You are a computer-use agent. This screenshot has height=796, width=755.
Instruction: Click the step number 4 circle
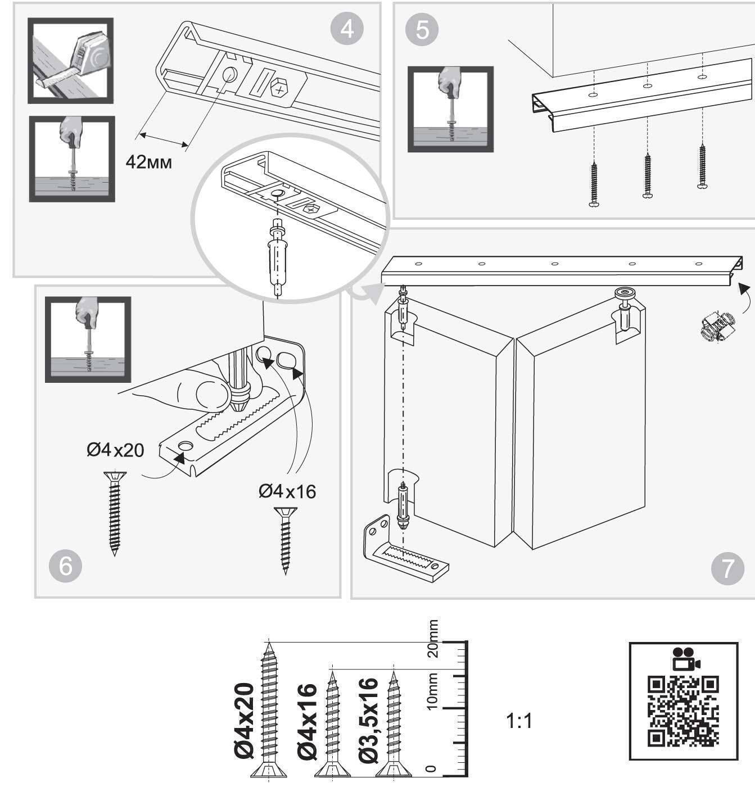click(347, 28)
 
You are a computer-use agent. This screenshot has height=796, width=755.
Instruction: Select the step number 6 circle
click(66, 566)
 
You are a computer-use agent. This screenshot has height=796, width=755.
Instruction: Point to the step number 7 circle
click(727, 568)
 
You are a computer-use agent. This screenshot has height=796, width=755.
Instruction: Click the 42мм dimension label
click(148, 162)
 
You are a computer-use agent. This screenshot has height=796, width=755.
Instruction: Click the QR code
click(683, 712)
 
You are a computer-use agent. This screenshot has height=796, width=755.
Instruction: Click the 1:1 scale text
click(519, 721)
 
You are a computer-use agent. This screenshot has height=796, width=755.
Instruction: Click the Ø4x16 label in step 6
click(287, 491)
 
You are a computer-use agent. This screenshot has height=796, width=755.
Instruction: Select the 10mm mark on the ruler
click(433, 691)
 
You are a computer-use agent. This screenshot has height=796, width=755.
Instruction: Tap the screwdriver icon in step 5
click(450, 109)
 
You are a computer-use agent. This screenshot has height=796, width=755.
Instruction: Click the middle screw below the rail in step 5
click(647, 175)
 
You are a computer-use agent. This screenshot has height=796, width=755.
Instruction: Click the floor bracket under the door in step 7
click(405, 554)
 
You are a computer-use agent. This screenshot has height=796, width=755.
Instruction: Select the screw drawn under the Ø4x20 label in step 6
click(115, 512)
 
